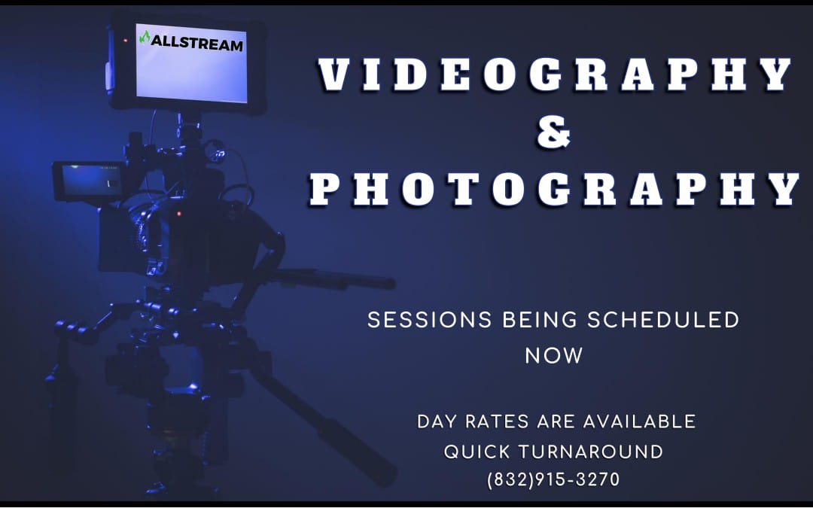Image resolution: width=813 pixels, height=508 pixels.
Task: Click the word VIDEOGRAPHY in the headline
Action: click(554, 75)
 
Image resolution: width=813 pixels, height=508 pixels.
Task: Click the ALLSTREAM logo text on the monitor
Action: click(197, 44)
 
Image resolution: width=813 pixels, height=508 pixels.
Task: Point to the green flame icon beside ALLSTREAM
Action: click(145, 38)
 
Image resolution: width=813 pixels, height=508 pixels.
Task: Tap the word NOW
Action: click(554, 356)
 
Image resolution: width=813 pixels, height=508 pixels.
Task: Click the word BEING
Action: click(540, 320)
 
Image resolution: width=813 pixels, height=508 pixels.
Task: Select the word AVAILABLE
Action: click(640, 421)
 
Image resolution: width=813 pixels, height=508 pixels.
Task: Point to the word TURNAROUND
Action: click(591, 452)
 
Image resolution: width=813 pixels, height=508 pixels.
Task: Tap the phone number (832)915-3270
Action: click(554, 479)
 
